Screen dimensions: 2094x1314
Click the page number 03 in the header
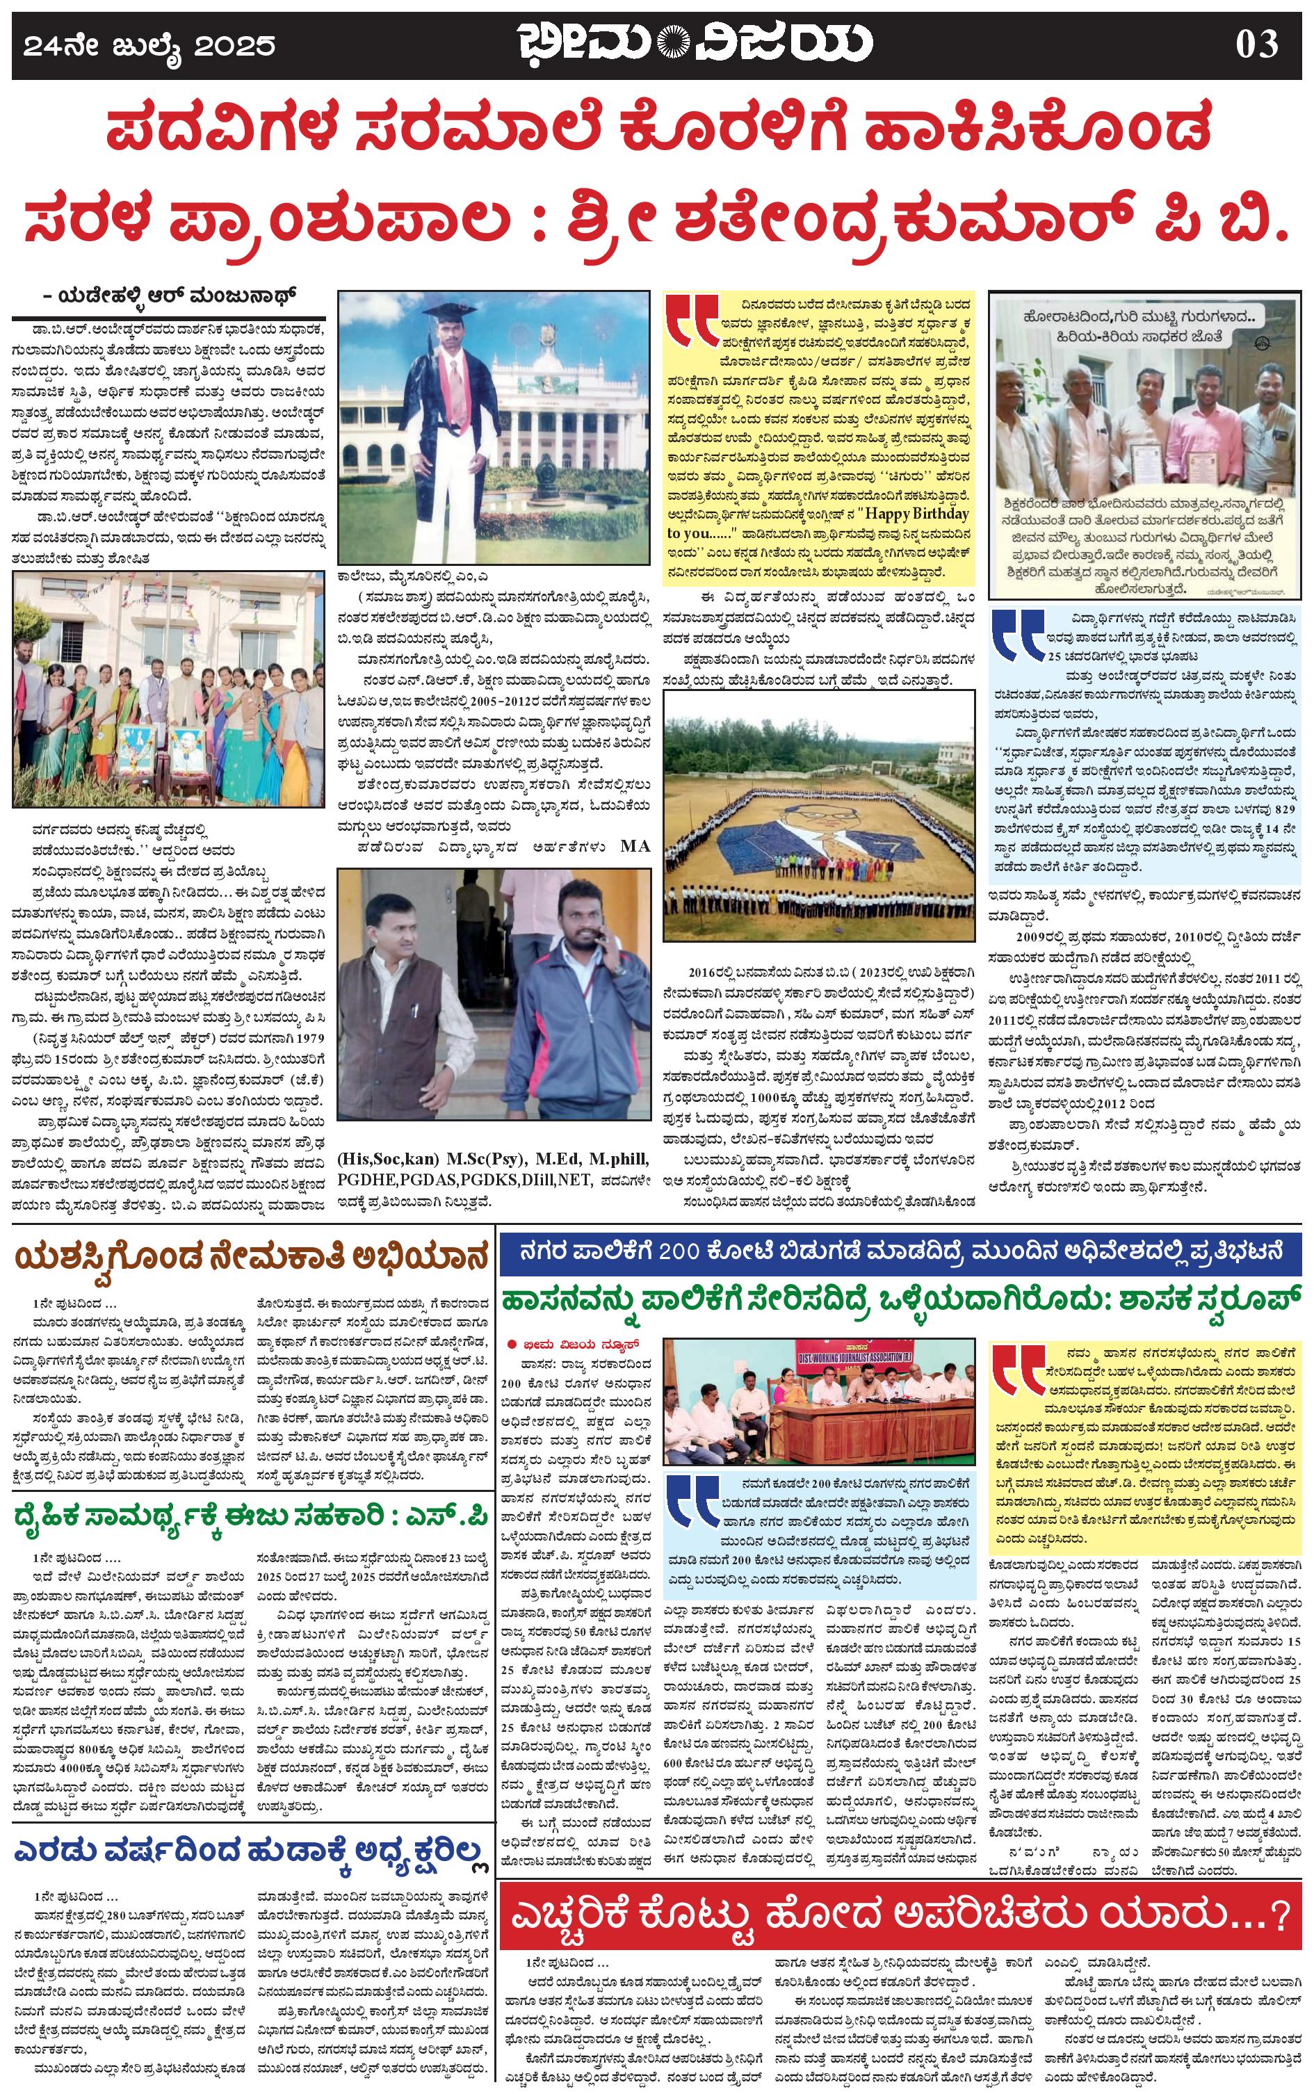tap(1257, 42)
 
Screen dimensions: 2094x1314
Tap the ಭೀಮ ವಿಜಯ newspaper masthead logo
tap(694, 42)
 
